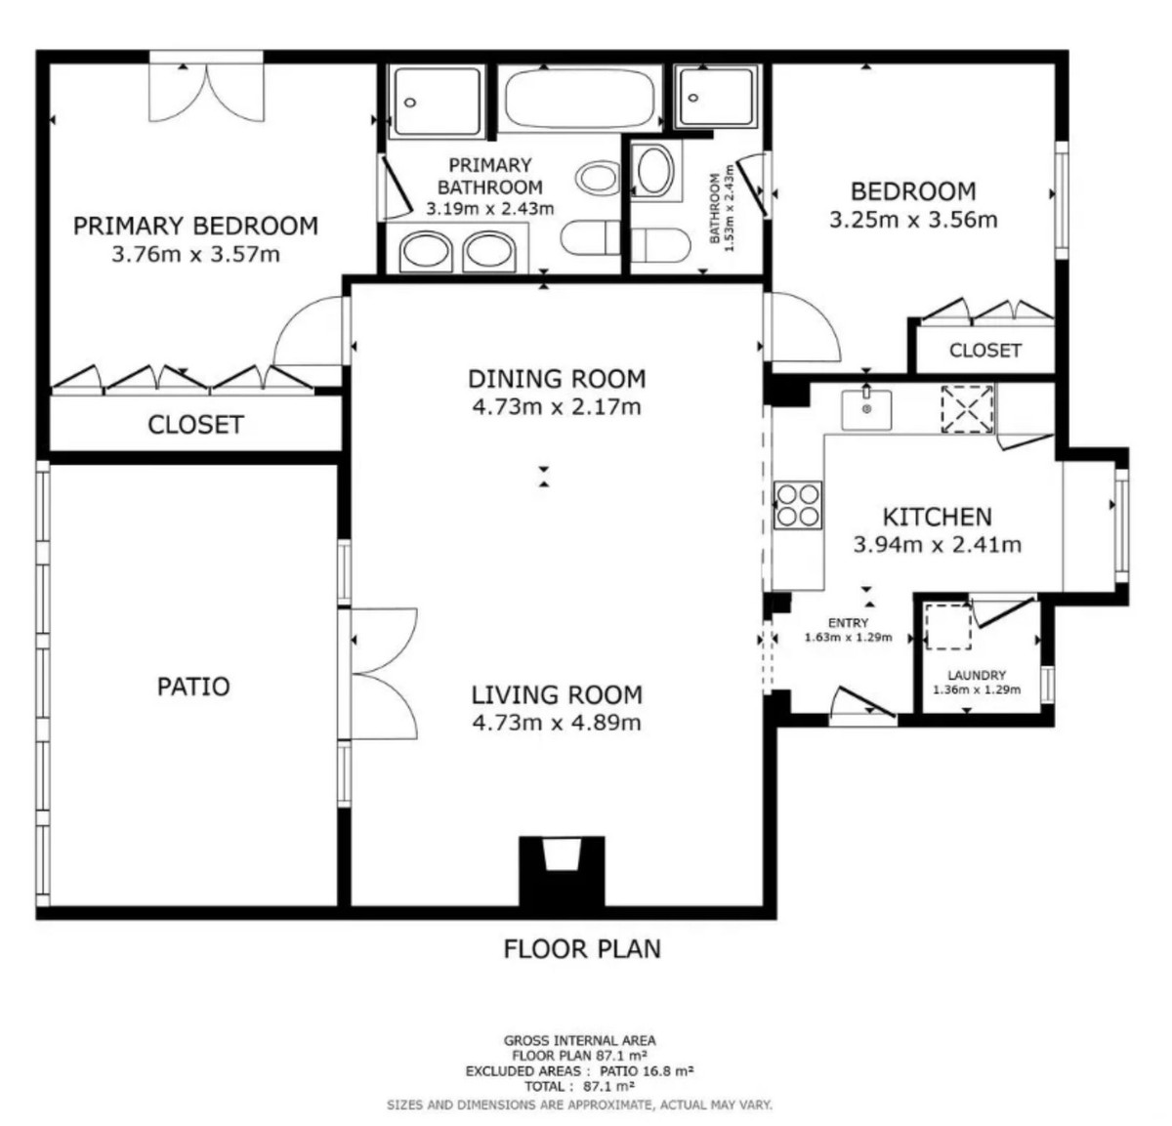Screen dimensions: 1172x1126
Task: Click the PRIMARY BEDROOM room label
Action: pos(195,226)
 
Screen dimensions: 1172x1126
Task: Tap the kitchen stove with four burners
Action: pos(798,505)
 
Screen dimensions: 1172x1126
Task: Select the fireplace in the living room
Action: pos(562,871)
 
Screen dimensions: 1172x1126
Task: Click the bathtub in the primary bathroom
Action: pos(579,99)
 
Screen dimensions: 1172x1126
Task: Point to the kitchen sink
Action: pos(866,409)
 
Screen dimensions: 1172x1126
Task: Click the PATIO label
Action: pos(193,687)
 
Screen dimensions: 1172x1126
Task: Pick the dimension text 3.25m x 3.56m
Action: pos(913,220)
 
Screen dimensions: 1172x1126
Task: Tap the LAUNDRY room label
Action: pos(977,675)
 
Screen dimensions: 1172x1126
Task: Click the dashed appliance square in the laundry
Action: pos(948,627)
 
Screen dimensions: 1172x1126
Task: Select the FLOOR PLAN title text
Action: pos(582,949)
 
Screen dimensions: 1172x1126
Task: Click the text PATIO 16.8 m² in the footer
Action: pos(647,1071)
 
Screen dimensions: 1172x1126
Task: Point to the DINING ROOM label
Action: pos(557,379)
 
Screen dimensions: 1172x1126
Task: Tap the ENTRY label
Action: pos(848,623)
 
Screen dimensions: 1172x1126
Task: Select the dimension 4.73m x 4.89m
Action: pos(557,722)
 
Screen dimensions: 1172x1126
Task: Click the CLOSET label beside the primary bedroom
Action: pos(195,425)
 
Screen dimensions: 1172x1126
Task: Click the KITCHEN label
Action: pos(938,518)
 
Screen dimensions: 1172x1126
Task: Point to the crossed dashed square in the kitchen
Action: pos(967,409)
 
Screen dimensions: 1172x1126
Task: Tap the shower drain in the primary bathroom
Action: pos(410,103)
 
